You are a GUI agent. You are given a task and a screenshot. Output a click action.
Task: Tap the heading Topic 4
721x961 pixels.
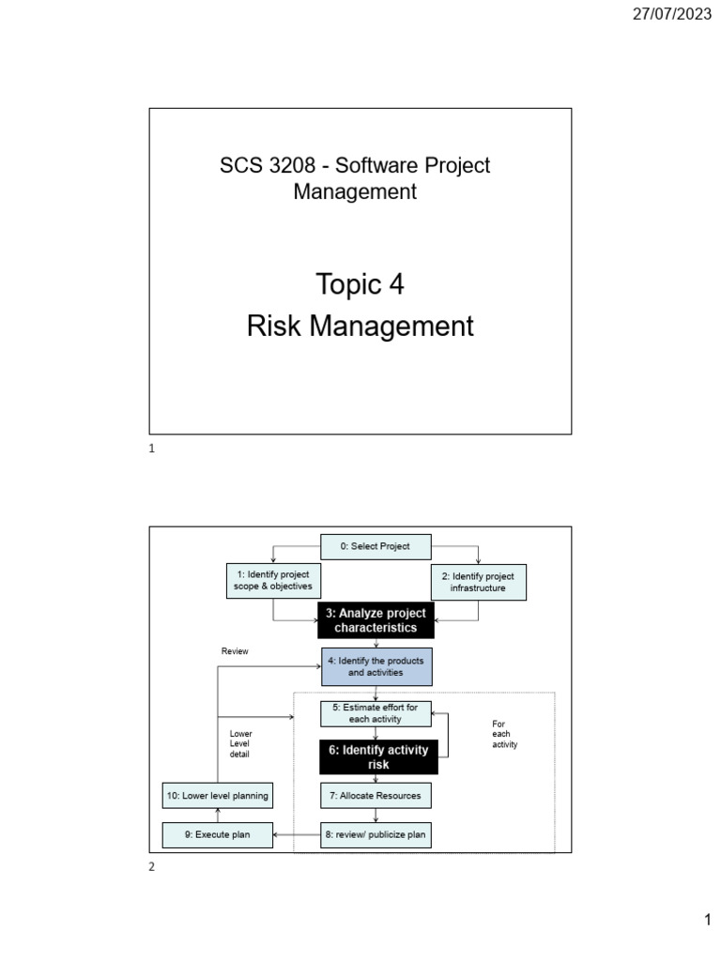(360, 283)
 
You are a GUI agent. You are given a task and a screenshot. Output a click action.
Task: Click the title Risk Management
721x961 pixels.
(360, 327)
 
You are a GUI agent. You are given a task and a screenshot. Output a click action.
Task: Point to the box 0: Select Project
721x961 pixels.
(375, 546)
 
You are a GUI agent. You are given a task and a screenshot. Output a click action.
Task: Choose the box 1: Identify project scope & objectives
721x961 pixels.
(272, 581)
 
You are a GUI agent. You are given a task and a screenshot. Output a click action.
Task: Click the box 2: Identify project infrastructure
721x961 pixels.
(479, 582)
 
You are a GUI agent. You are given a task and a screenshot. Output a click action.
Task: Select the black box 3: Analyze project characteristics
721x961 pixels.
(376, 620)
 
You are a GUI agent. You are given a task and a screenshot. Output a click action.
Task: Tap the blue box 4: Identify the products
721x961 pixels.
(376, 666)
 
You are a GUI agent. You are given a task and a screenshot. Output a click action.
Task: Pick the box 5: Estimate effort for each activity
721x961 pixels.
(375, 713)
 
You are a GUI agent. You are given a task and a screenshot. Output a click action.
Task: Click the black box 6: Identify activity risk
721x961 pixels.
(378, 757)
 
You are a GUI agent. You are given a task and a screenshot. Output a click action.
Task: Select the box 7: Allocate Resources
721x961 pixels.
(375, 796)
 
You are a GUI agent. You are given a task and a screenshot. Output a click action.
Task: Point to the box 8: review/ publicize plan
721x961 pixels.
(376, 834)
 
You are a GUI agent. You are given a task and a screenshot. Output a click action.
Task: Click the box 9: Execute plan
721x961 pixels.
(218, 834)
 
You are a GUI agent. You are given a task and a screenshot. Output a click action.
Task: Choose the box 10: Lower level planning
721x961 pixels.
(218, 796)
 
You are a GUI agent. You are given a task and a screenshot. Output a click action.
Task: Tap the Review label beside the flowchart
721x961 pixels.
(235, 651)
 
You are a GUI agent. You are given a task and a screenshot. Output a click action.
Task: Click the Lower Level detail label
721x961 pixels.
(241, 743)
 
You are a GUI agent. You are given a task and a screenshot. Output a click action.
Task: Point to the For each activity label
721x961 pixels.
(505, 734)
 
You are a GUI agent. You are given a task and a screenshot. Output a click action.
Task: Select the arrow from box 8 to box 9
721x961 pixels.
(298, 834)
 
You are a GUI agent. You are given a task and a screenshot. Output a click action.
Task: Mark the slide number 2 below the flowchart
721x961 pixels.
(152, 867)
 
